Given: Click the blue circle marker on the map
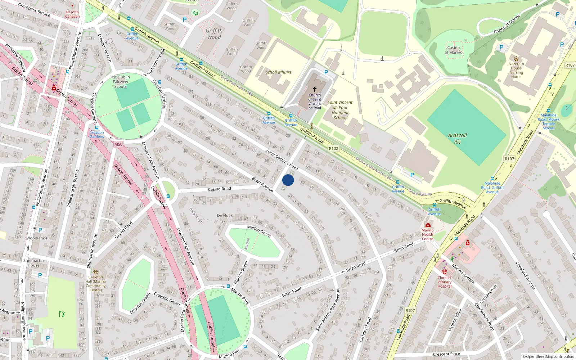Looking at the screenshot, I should [288, 180].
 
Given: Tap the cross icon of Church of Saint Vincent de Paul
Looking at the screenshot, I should [314, 89].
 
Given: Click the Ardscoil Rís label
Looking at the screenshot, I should [457, 138].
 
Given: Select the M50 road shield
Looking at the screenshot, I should [118, 144].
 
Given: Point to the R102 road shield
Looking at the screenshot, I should [333, 148].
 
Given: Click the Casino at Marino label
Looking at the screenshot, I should [453, 50].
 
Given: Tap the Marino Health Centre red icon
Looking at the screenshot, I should [428, 225].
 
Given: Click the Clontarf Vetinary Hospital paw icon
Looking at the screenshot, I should [445, 272].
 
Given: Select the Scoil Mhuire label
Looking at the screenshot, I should [278, 72].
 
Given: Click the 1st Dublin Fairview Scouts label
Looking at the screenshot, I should [121, 82].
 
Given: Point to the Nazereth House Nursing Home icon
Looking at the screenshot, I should [516, 58].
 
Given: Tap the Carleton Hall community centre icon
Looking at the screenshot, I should [95, 272].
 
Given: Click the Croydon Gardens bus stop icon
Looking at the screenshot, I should [96, 128].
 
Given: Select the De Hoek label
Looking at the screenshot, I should [225, 216].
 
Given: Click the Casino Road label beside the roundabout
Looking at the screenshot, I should [219, 189].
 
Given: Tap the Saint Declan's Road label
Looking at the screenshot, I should [282, 160].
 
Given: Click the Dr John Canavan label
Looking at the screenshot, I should [72, 14].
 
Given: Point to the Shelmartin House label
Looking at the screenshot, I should [33, 263].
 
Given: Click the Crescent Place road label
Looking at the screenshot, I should [446, 354].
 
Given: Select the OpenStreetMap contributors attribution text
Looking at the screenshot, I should [548, 356].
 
